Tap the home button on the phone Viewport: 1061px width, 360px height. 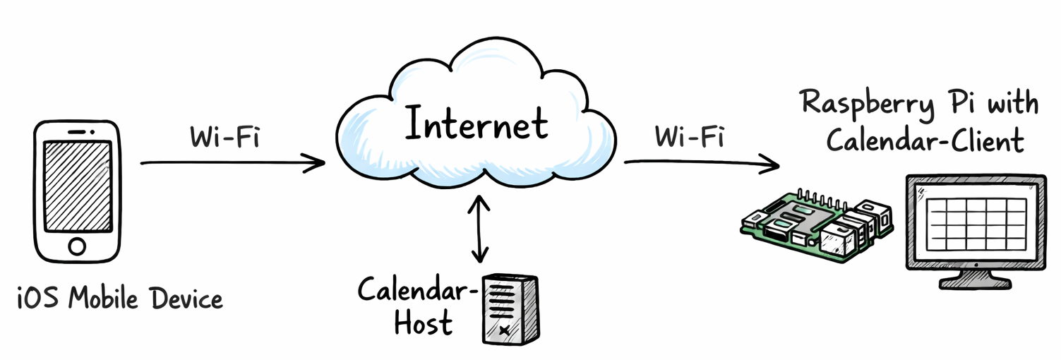(77, 246)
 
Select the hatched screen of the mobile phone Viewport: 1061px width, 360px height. (78, 186)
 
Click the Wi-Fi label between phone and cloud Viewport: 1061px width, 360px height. (224, 136)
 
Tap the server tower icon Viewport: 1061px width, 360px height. (510, 308)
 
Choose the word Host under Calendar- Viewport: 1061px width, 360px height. (423, 323)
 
